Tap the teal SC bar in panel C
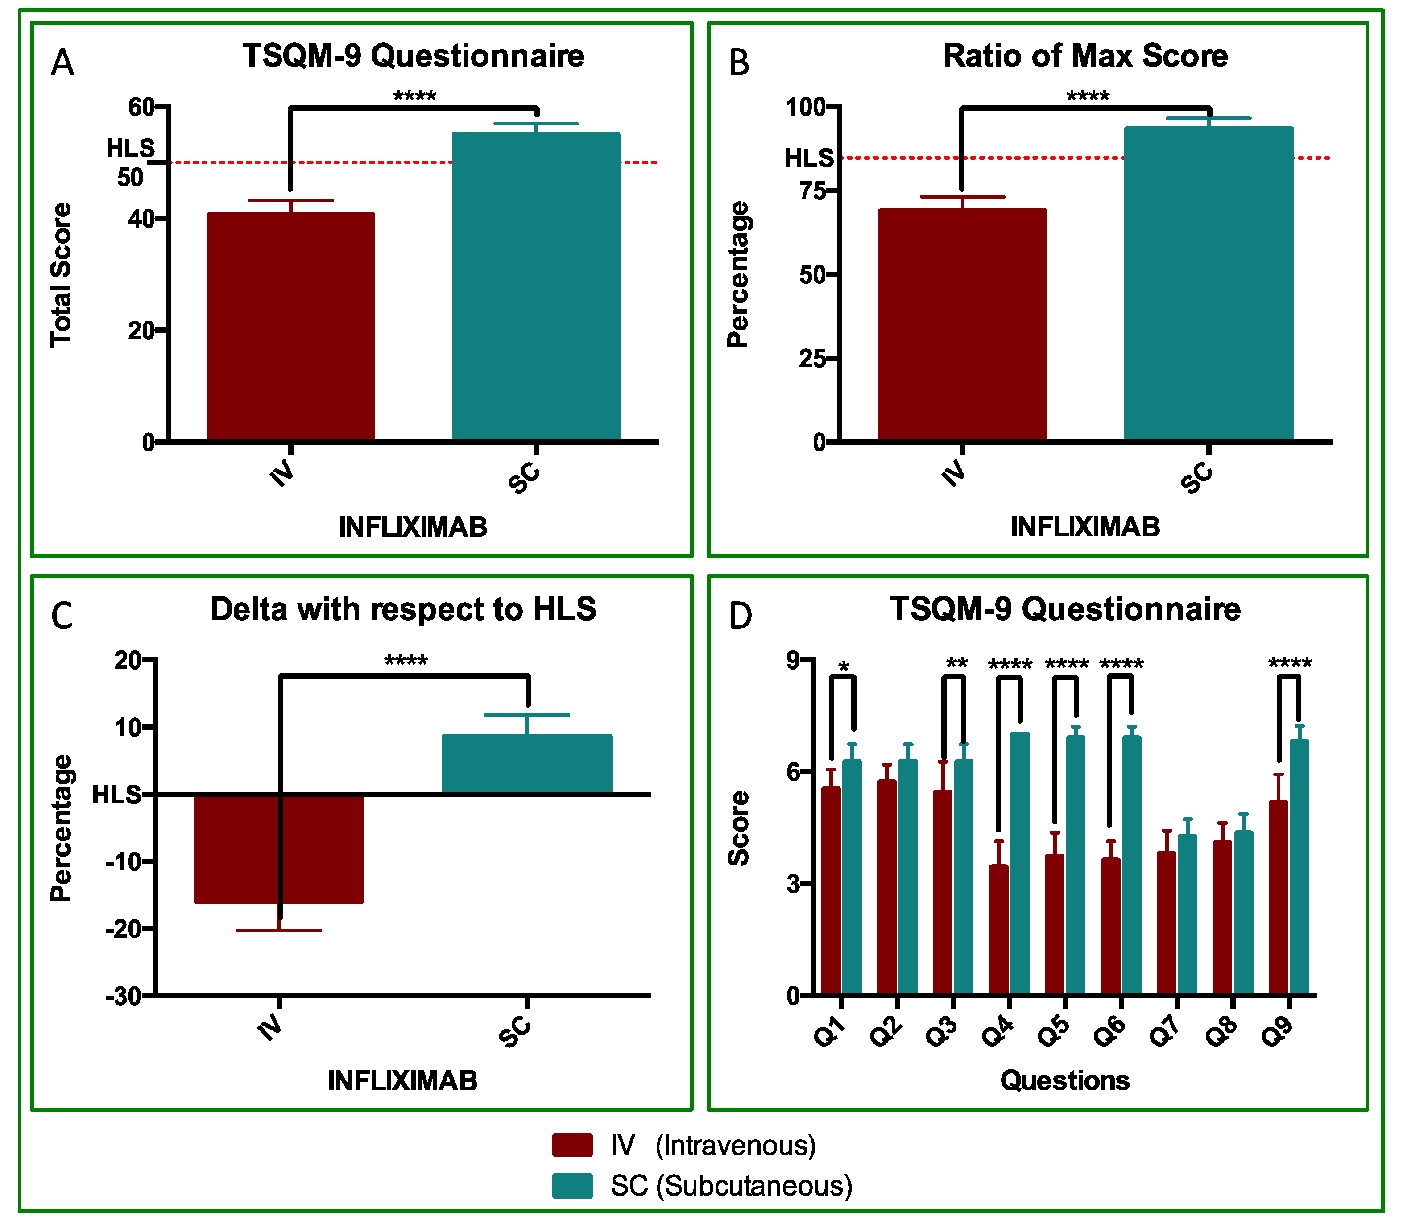(x=526, y=764)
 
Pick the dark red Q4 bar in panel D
(x=998, y=930)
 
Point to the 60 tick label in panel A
(x=141, y=108)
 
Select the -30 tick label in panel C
(x=123, y=997)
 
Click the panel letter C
(x=62, y=616)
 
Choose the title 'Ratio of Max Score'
(x=1085, y=56)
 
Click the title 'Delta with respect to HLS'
(x=403, y=609)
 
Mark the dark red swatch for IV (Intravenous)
(x=571, y=1145)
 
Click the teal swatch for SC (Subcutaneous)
(x=571, y=1186)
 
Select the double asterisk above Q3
(x=956, y=663)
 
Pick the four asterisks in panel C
(x=406, y=661)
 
